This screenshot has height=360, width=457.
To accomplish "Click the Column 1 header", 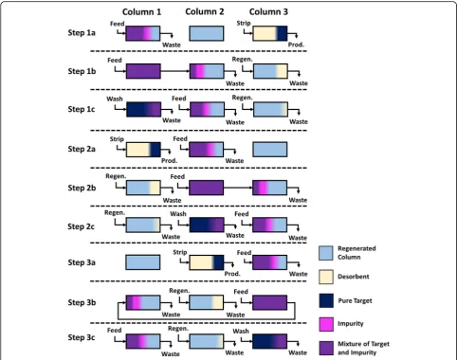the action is coord(141,12).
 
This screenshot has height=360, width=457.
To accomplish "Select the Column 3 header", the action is coord(268,11).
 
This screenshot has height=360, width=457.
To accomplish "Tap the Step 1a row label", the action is coord(82,32).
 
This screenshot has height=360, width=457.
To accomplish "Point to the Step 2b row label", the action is coord(82,188).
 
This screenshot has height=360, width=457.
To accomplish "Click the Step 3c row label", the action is coord(82,337).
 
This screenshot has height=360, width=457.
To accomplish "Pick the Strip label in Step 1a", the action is coord(244,23).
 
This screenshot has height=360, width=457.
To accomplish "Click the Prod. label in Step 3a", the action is coord(232,274).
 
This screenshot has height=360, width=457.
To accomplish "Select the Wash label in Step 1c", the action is coord(115,99).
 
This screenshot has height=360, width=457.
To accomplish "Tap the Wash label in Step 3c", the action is coord(241,331).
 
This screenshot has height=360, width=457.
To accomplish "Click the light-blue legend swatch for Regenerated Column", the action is coord(326,253).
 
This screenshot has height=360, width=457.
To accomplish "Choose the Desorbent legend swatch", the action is coord(326,277).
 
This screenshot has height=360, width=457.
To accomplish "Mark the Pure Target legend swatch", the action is coord(326,300).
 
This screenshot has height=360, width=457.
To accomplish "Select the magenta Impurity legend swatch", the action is coord(326,324).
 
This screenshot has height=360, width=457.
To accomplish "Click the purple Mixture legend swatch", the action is coord(326,348).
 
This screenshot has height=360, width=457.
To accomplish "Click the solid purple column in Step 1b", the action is coord(143,71).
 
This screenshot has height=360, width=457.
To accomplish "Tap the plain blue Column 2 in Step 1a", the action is coord(207,33).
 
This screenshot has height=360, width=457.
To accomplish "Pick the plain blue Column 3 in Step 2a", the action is coord(270,150).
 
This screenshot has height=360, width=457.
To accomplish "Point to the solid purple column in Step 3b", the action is coord(269,302).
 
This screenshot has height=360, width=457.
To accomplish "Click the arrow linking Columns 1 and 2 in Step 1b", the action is coord(175,71).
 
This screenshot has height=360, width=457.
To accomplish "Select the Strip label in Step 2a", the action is coord(117,139).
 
